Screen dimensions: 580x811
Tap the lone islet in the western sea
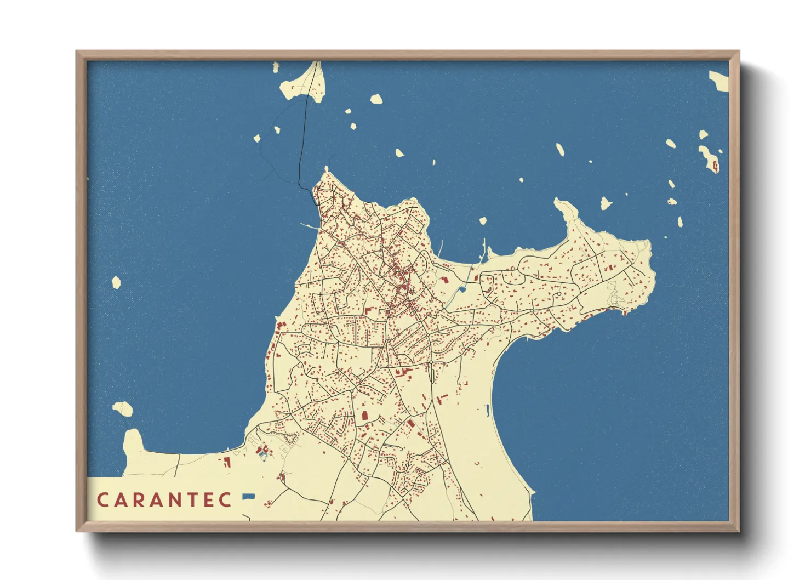116,282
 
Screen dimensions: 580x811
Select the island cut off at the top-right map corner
719,80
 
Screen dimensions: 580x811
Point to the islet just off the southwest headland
123,408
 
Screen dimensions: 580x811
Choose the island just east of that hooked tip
605,203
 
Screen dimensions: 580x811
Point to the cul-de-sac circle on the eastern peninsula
558,294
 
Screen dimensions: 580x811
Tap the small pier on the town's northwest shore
307,225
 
